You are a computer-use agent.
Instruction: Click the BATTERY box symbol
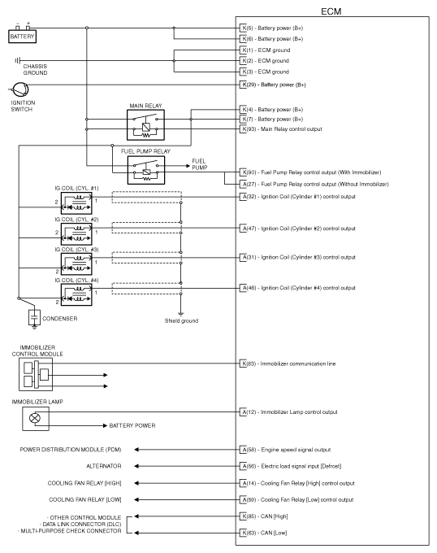pyautogui.click(x=22, y=36)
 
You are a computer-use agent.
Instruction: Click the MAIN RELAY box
pyautogui.click(x=145, y=125)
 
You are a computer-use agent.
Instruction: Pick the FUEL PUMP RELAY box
pyautogui.click(x=144, y=170)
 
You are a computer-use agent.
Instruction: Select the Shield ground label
pyautogui.click(x=180, y=320)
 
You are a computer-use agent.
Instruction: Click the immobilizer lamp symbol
pyautogui.click(x=34, y=418)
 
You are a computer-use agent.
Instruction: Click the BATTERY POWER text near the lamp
pyautogui.click(x=132, y=425)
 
